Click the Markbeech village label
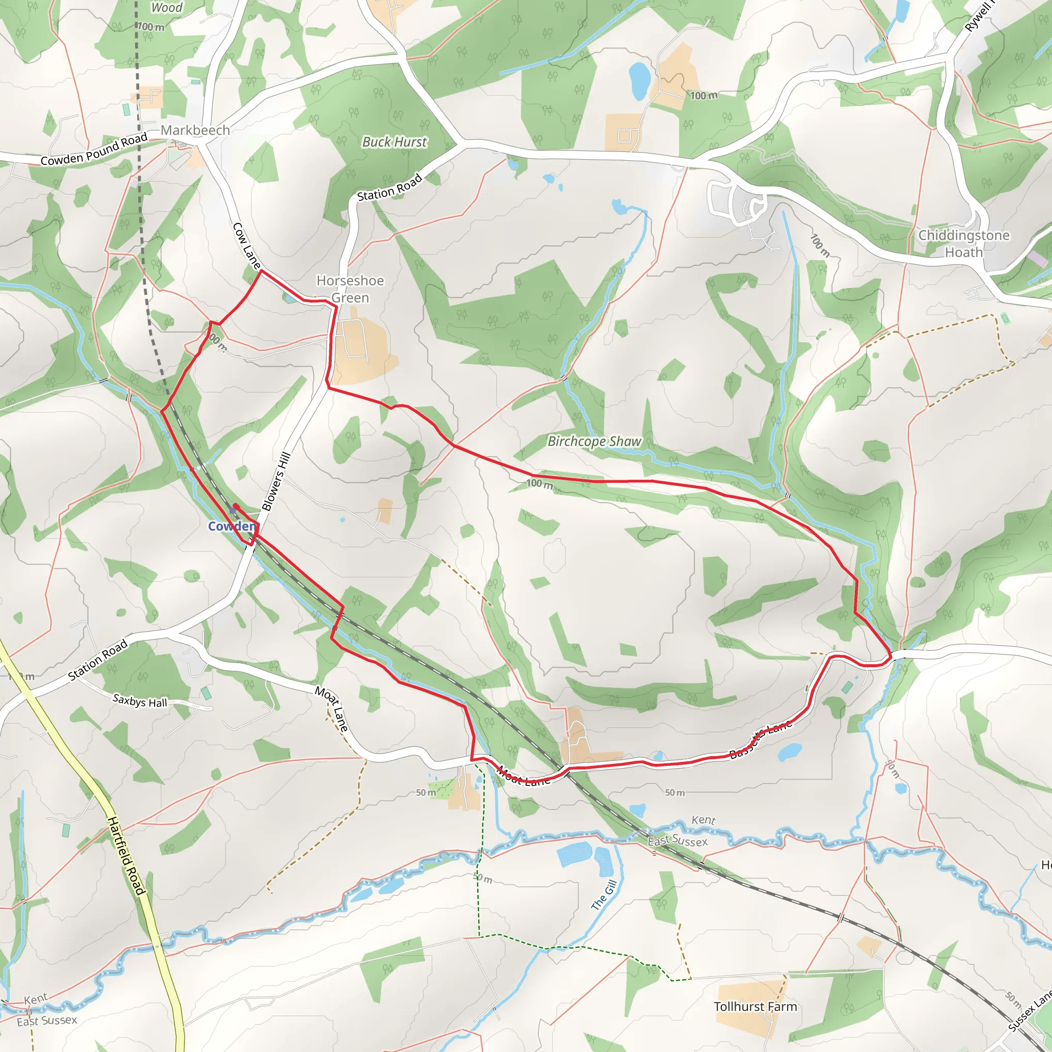point(195,130)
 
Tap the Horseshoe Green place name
point(350,289)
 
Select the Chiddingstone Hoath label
point(963,243)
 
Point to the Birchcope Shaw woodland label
point(594,441)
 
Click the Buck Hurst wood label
point(395,142)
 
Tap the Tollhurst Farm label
point(755,1006)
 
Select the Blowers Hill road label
point(276,481)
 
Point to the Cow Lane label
point(247,245)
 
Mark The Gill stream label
point(604,895)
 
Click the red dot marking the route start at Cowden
point(236,506)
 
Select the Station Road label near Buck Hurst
point(389,187)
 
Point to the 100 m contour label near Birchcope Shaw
point(539,483)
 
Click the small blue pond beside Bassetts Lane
point(788,753)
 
